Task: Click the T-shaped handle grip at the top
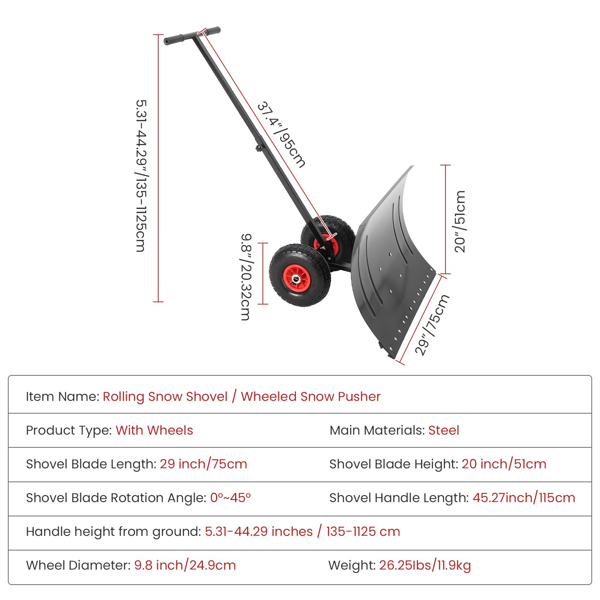192,36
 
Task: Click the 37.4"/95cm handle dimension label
281,134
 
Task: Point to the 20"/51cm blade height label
460,221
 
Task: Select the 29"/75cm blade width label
432,325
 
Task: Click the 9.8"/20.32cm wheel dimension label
246,277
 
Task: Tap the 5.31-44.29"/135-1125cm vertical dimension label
141,175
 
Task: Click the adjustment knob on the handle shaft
259,148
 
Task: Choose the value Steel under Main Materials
444,430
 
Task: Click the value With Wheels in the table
154,430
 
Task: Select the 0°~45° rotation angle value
230,498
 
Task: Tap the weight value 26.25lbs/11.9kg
425,565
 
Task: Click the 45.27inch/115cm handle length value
524,498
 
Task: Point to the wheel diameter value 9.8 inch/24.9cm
185,565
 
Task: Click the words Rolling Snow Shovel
165,396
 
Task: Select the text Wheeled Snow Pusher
310,396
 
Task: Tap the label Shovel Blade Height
394,464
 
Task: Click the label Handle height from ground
114,532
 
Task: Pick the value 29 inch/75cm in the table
203,464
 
